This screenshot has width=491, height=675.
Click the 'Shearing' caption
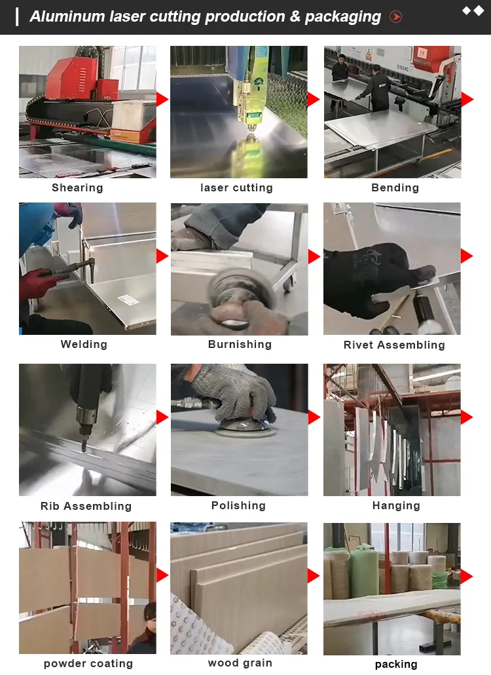[77, 188]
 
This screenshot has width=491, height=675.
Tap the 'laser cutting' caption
[236, 188]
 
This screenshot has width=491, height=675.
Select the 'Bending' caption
[395, 188]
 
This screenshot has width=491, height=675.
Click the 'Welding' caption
[84, 345]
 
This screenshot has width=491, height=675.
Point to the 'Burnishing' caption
[240, 345]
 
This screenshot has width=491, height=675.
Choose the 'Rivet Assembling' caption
[394, 345]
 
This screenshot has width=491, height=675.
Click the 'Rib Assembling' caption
[86, 507]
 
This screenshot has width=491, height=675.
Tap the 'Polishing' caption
[238, 506]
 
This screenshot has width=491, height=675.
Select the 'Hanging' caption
[396, 506]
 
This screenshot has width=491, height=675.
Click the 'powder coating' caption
[88, 664]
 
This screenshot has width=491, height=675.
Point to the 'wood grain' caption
[240, 663]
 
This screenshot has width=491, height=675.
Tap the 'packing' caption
[396, 665]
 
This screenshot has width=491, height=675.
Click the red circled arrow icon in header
[396, 17]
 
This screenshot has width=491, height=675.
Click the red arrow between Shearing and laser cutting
[162, 100]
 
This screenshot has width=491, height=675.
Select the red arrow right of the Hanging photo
[467, 417]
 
